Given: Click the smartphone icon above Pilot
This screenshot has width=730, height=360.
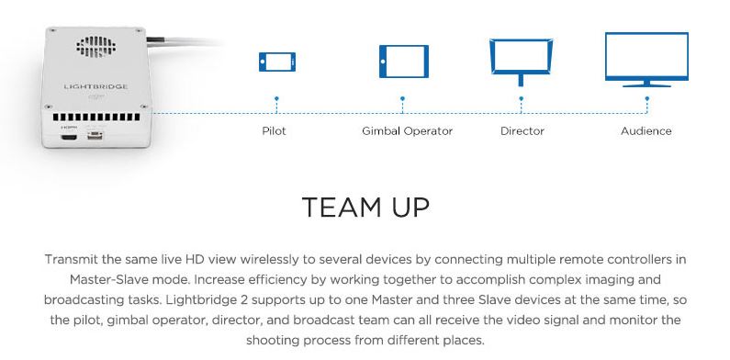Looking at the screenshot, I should click(x=276, y=62).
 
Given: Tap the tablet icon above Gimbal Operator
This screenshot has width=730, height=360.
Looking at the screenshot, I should click(x=403, y=62).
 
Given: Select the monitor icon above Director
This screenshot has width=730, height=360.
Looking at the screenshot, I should click(x=522, y=61).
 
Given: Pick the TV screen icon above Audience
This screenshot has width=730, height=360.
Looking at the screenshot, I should click(x=646, y=59).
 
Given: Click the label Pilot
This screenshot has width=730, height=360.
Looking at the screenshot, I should click(x=274, y=131).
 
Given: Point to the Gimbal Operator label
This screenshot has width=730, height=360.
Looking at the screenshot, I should click(x=407, y=131).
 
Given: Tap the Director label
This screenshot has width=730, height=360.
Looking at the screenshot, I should click(x=522, y=131).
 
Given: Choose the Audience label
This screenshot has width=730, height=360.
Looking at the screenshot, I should click(x=646, y=131).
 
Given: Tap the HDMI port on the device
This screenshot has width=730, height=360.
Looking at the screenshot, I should click(x=68, y=138).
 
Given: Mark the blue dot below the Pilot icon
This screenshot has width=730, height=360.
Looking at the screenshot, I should click(x=276, y=96).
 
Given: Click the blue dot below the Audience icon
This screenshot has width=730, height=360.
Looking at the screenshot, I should click(x=646, y=96).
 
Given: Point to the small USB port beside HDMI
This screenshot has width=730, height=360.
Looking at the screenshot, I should click(x=95, y=138).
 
